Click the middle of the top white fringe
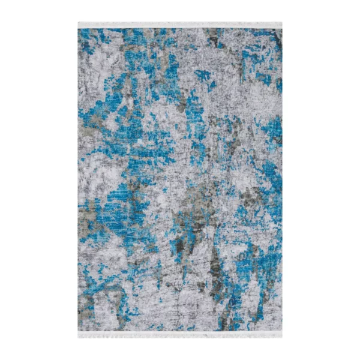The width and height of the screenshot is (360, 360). pos(180,25)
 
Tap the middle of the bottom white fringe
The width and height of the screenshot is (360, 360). pos(180,334)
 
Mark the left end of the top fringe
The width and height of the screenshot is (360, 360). pos(79,25)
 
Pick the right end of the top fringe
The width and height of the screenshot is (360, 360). pos(281,25)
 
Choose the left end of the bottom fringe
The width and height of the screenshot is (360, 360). pos(79,334)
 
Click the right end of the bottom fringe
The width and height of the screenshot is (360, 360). pos(281,334)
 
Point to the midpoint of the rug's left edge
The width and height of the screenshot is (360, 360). pos(79,180)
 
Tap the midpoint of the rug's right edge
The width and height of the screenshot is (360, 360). pos(281,180)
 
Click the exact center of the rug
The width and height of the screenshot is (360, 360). pos(180,180)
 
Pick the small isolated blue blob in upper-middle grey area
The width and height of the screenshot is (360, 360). pos(202,76)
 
